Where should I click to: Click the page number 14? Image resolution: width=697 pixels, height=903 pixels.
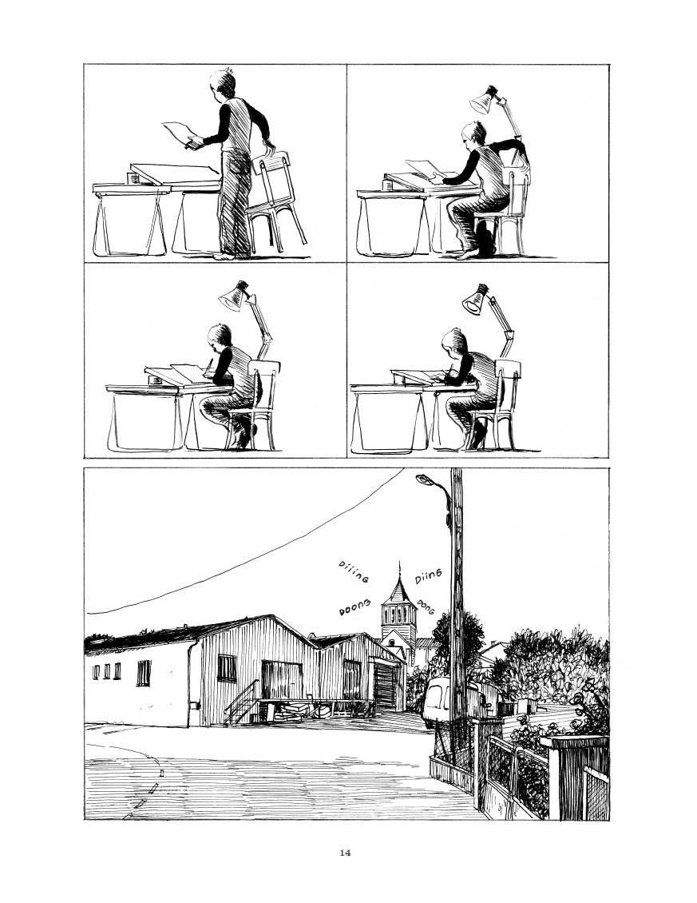tap(345, 853)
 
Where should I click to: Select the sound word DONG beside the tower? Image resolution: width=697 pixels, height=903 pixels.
tap(426, 607)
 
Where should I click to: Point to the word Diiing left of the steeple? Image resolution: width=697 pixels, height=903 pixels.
tap(354, 571)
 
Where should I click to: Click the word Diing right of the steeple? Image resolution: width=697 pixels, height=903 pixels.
tap(428, 575)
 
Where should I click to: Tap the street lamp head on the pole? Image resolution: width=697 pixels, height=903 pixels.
tap(426, 479)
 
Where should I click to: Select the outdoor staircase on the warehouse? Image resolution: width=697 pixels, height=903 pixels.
tap(240, 703)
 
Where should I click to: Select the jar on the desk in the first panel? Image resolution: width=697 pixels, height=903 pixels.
tap(133, 178)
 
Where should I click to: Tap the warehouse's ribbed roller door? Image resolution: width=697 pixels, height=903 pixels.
tap(385, 685)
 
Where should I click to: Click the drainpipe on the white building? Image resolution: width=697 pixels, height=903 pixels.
tap(191, 682)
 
